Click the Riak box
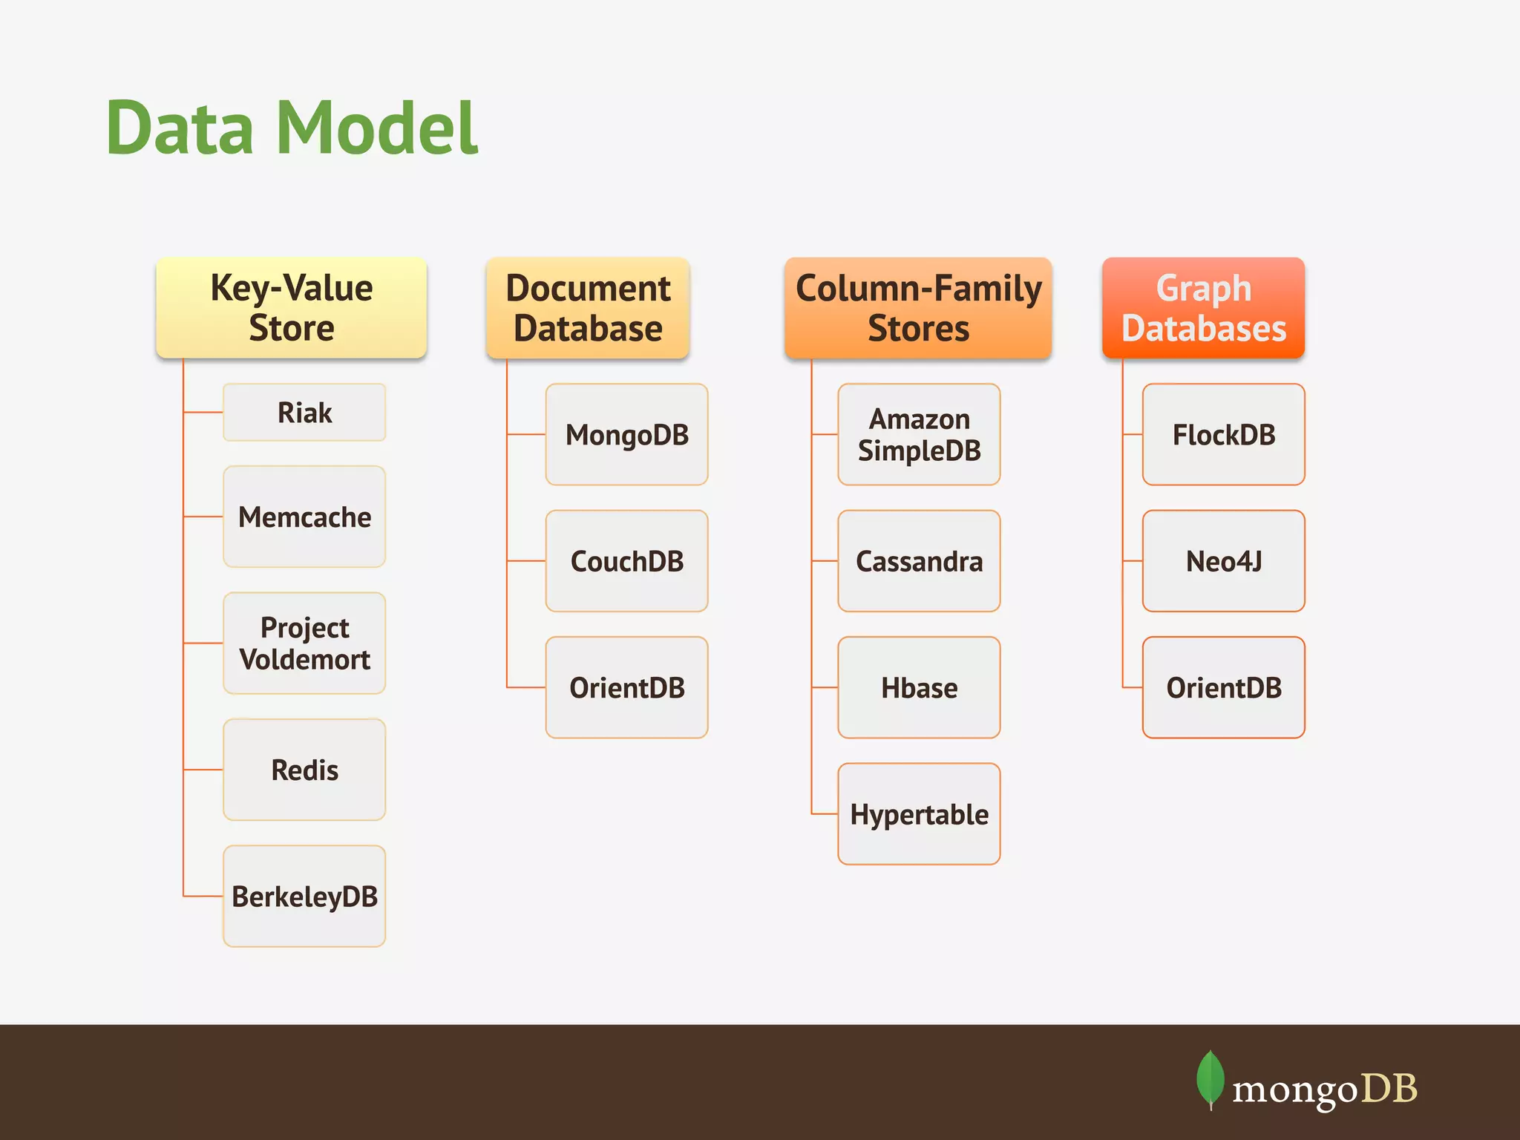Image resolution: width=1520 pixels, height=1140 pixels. click(x=304, y=413)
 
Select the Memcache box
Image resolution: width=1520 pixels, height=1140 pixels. click(x=304, y=517)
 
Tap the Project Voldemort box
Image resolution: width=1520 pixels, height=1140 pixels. click(x=304, y=643)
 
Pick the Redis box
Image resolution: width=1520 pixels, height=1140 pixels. click(x=304, y=770)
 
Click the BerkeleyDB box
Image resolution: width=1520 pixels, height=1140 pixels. click(x=304, y=896)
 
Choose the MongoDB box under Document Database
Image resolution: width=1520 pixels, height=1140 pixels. click(x=626, y=435)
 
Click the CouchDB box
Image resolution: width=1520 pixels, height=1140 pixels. click(x=626, y=561)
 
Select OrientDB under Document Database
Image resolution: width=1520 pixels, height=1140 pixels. click(x=626, y=687)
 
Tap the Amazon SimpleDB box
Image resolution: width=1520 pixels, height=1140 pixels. click(x=919, y=435)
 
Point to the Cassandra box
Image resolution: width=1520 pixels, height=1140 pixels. click(x=919, y=561)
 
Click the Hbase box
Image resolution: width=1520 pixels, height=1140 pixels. click(x=919, y=687)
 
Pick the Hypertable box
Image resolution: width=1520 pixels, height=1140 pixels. click(x=919, y=814)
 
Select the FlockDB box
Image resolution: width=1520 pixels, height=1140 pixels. click(x=1223, y=435)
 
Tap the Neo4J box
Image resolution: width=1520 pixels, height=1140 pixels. click(x=1223, y=561)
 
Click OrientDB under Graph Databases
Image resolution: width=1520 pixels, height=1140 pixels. click(x=1223, y=687)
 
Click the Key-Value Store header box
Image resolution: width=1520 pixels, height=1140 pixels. click(x=291, y=308)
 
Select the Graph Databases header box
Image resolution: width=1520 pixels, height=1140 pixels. click(x=1203, y=308)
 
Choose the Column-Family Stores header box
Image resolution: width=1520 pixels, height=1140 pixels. click(x=918, y=308)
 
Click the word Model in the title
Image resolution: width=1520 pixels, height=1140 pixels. click(x=377, y=128)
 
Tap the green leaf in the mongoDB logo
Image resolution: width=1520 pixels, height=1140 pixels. click(x=1210, y=1078)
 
